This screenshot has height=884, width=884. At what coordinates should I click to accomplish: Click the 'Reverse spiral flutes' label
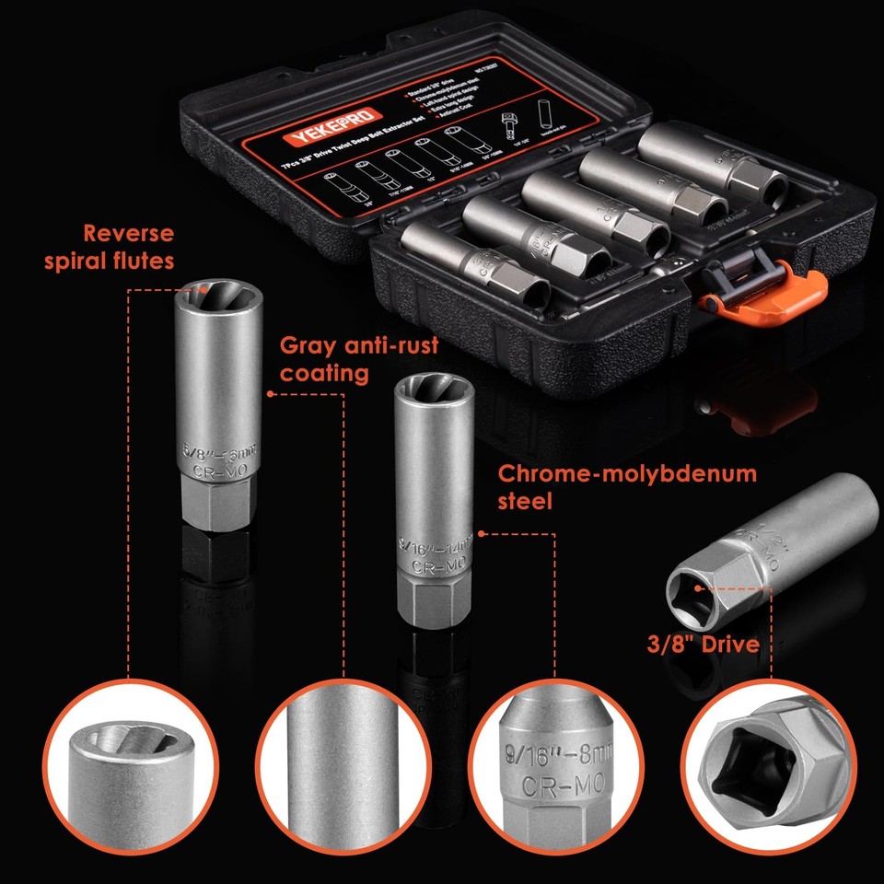point(109,247)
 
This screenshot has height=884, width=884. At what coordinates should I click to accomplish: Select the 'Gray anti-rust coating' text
point(359,359)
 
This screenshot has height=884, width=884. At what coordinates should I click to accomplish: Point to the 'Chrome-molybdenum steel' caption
point(627,487)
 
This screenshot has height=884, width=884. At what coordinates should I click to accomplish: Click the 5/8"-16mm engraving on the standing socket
point(219,451)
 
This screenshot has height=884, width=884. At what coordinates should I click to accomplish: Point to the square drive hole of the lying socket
point(697,589)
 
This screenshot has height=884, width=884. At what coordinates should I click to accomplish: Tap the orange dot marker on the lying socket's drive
point(699,587)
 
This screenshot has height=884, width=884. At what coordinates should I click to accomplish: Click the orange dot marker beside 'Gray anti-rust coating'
point(270,394)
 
